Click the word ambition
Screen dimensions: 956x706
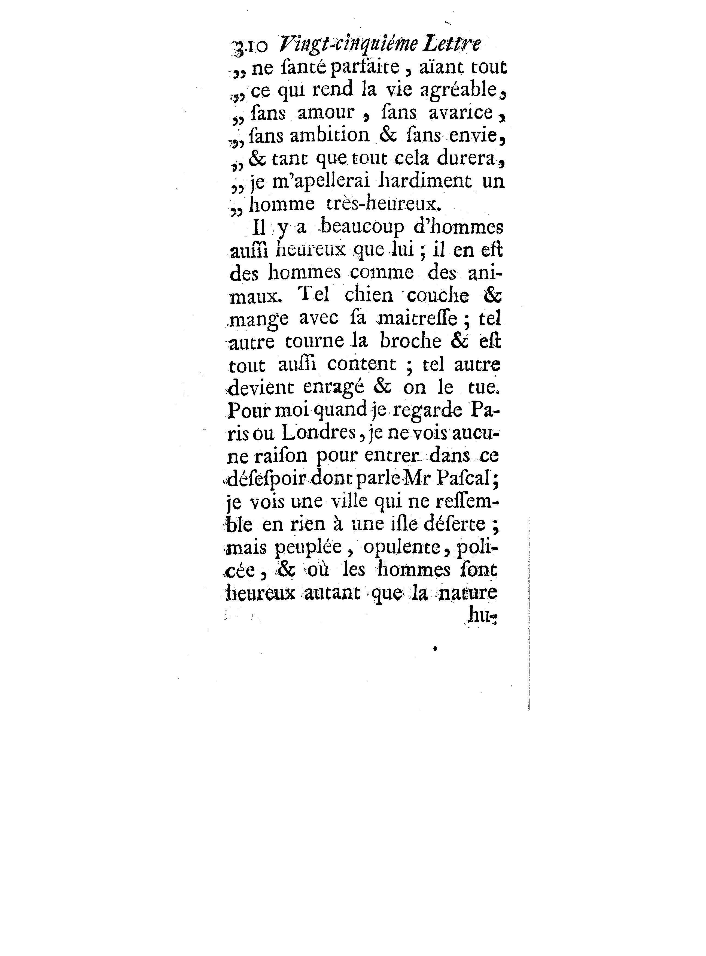[x=330, y=135]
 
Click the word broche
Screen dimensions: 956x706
[x=411, y=341]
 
